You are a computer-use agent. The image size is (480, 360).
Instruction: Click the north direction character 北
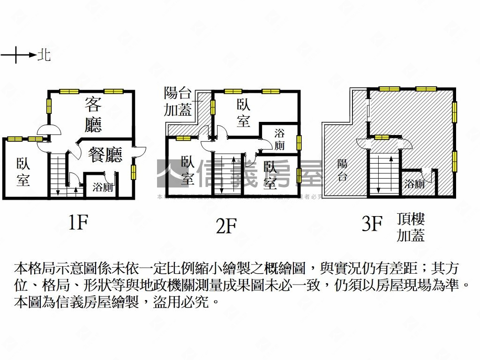(x=44, y=55)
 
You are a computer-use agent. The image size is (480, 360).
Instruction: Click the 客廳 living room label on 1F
(x=93, y=114)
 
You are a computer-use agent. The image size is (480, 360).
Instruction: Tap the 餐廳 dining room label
(x=105, y=155)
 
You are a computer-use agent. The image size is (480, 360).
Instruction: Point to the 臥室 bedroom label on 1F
(x=23, y=172)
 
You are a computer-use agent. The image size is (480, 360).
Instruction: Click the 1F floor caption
(x=78, y=223)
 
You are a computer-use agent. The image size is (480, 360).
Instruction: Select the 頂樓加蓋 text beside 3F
(x=411, y=227)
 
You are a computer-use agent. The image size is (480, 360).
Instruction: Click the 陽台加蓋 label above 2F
(x=178, y=101)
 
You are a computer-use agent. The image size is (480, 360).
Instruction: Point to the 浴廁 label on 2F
(x=279, y=139)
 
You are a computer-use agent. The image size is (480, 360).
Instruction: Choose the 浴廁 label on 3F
(x=414, y=184)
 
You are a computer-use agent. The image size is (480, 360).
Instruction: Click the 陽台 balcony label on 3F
(x=342, y=170)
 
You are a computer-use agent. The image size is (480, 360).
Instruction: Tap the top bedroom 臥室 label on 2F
(x=243, y=113)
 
